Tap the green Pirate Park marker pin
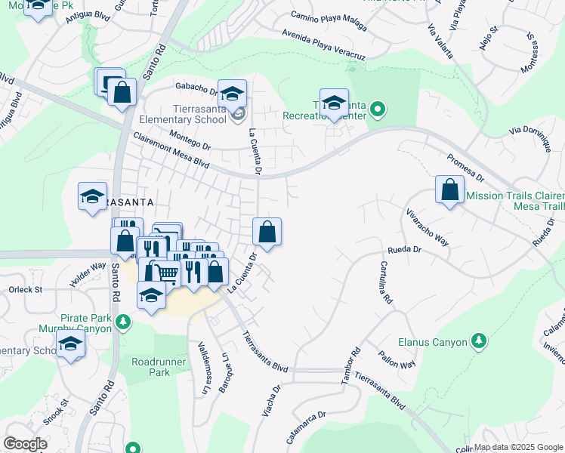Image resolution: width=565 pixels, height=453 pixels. click(122, 322)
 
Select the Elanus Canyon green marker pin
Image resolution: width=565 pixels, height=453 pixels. click(478, 341)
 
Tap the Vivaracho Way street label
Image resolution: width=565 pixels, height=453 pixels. click(428, 228)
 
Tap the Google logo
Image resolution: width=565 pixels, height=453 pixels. click(26, 444)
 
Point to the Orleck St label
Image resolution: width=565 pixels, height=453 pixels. click(29, 289)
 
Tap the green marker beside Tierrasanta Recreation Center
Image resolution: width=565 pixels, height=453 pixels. click(378, 112)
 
